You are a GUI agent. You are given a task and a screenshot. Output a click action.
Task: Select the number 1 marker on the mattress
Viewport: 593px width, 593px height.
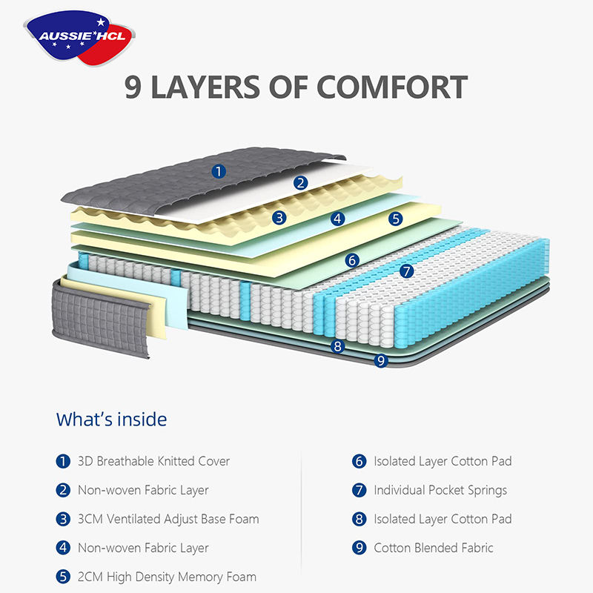[218, 171]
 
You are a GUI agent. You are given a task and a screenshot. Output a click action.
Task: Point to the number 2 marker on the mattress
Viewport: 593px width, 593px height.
[300, 182]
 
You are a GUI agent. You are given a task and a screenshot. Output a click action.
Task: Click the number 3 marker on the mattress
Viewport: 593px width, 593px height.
[279, 217]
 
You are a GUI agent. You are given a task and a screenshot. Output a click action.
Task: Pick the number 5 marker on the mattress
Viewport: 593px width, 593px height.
[396, 218]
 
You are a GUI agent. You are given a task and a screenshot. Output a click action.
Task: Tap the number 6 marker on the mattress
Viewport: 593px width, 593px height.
[352, 259]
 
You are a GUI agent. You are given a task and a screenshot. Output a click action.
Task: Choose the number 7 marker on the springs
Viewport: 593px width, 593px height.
[406, 271]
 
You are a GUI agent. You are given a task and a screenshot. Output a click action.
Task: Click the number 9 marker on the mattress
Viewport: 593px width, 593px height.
[381, 361]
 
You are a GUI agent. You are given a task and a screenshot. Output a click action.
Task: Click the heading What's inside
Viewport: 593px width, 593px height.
[111, 420]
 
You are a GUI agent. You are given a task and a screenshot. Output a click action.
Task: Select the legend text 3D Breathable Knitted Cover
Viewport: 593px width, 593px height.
[153, 461]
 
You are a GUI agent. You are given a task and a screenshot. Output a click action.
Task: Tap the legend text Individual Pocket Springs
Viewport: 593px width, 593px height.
[440, 490]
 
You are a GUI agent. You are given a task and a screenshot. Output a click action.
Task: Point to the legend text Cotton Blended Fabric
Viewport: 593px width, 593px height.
[433, 548]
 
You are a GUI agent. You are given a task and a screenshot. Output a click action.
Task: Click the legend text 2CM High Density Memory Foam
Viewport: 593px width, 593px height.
[167, 577]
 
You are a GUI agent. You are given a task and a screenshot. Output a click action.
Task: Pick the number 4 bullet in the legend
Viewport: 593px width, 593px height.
[63, 548]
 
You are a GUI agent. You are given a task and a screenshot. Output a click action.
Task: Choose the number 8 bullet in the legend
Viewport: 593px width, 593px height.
[360, 519]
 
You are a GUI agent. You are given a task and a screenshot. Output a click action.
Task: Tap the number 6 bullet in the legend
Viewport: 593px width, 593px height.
[360, 461]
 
